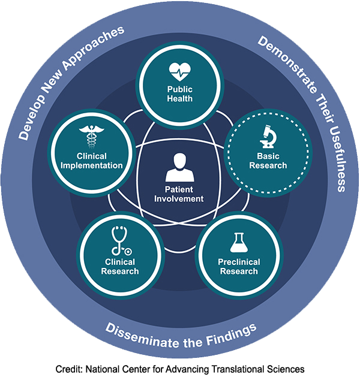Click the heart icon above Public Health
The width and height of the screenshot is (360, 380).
pos(180,72)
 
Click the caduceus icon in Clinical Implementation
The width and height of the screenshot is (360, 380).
pos(92,137)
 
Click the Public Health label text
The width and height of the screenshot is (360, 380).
pos(180,94)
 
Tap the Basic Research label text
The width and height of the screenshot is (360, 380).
pos(268,161)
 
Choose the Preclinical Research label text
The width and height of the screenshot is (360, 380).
pos(238,267)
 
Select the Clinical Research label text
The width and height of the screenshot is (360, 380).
pos(120,267)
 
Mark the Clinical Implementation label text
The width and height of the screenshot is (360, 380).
pos(92,161)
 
